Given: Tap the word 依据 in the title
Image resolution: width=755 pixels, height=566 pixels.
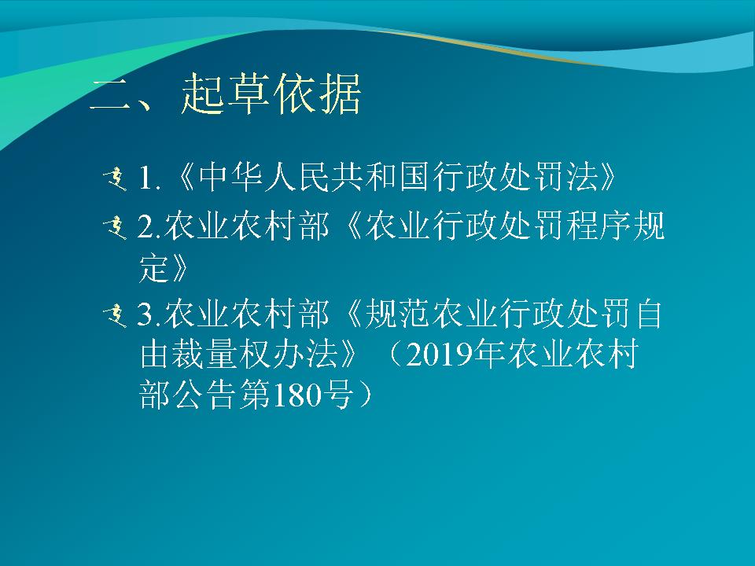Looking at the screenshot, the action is pos(317,94).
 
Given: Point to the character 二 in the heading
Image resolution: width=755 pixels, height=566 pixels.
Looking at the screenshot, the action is pos(111,95).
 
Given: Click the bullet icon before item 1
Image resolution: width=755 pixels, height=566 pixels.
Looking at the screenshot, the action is pos(115,179).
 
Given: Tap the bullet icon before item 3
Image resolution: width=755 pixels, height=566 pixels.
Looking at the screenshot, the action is pos(115,316).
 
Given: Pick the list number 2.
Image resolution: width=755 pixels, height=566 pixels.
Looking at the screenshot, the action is pos(146,226).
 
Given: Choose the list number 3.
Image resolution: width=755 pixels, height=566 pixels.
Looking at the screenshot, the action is pos(146,314).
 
